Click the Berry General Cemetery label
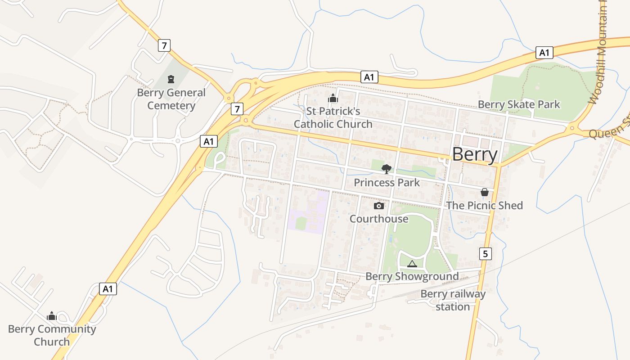(171, 99)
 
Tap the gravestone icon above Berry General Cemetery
(171, 80)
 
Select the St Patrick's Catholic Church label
(333, 117)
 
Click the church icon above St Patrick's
(333, 98)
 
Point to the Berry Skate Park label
(519, 105)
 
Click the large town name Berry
(475, 154)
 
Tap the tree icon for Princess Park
(386, 169)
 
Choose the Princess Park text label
(387, 183)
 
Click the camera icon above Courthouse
(379, 206)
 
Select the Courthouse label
(379, 219)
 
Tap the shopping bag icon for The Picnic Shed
(485, 192)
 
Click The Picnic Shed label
(485, 206)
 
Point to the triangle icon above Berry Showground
(412, 264)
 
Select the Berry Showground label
(412, 276)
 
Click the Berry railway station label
(453, 301)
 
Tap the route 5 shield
(485, 254)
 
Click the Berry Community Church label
(52, 335)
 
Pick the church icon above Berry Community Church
(52, 316)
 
